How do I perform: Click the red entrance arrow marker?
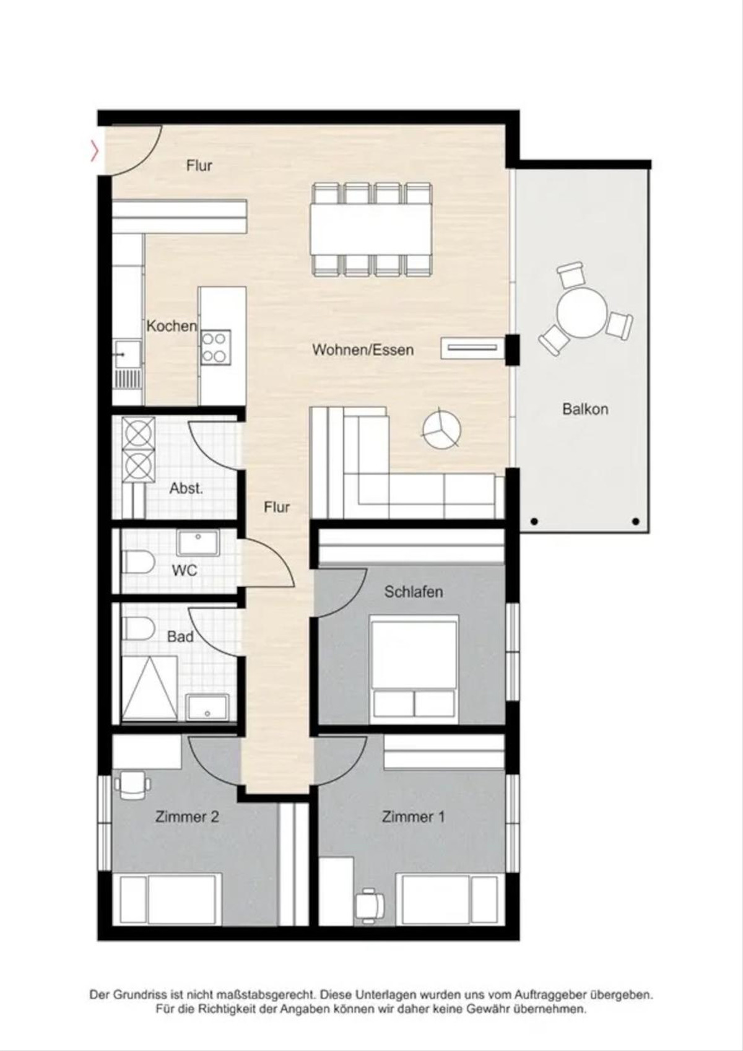click(x=95, y=152)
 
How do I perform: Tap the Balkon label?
click(x=585, y=409)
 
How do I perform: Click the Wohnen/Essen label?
click(x=363, y=349)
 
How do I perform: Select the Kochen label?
click(x=172, y=326)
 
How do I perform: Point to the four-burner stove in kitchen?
click(x=215, y=347)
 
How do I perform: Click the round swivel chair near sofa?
click(x=441, y=427)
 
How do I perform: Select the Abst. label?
click(x=186, y=489)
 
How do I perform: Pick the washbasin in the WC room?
click(x=198, y=543)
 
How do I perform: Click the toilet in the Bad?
click(x=139, y=628)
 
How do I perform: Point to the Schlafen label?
click(x=413, y=591)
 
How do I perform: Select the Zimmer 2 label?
click(x=187, y=817)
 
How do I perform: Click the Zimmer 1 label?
click(x=413, y=817)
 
